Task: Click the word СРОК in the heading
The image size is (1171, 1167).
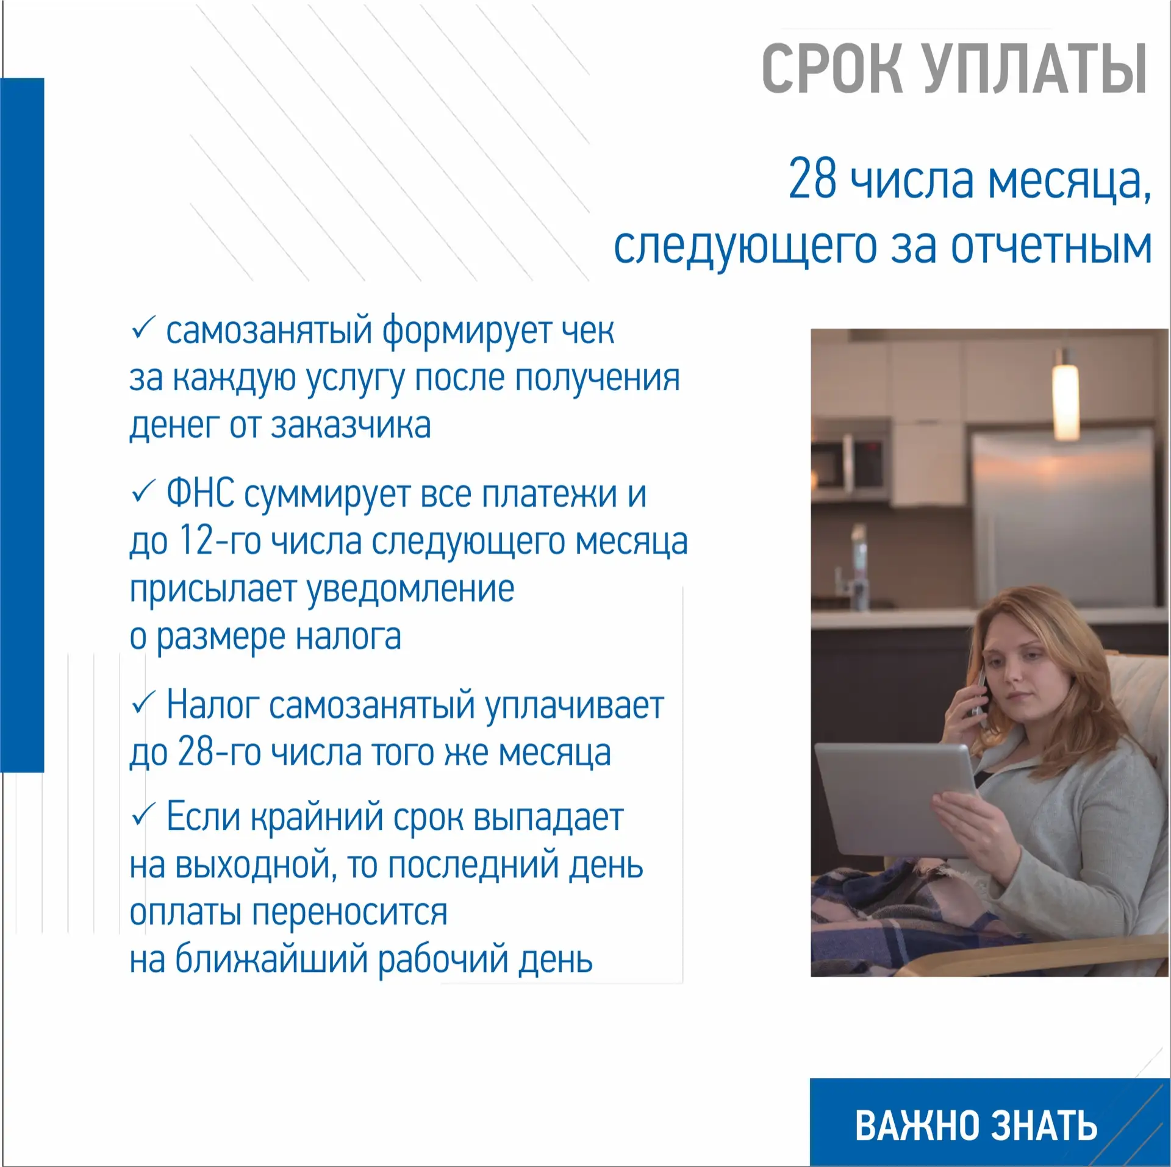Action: coord(831,68)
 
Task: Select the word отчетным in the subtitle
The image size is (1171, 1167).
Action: coord(1051,246)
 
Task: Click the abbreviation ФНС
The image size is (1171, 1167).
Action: coord(201,493)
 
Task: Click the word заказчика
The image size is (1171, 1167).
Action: coord(350,425)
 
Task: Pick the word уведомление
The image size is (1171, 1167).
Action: coord(410,590)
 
